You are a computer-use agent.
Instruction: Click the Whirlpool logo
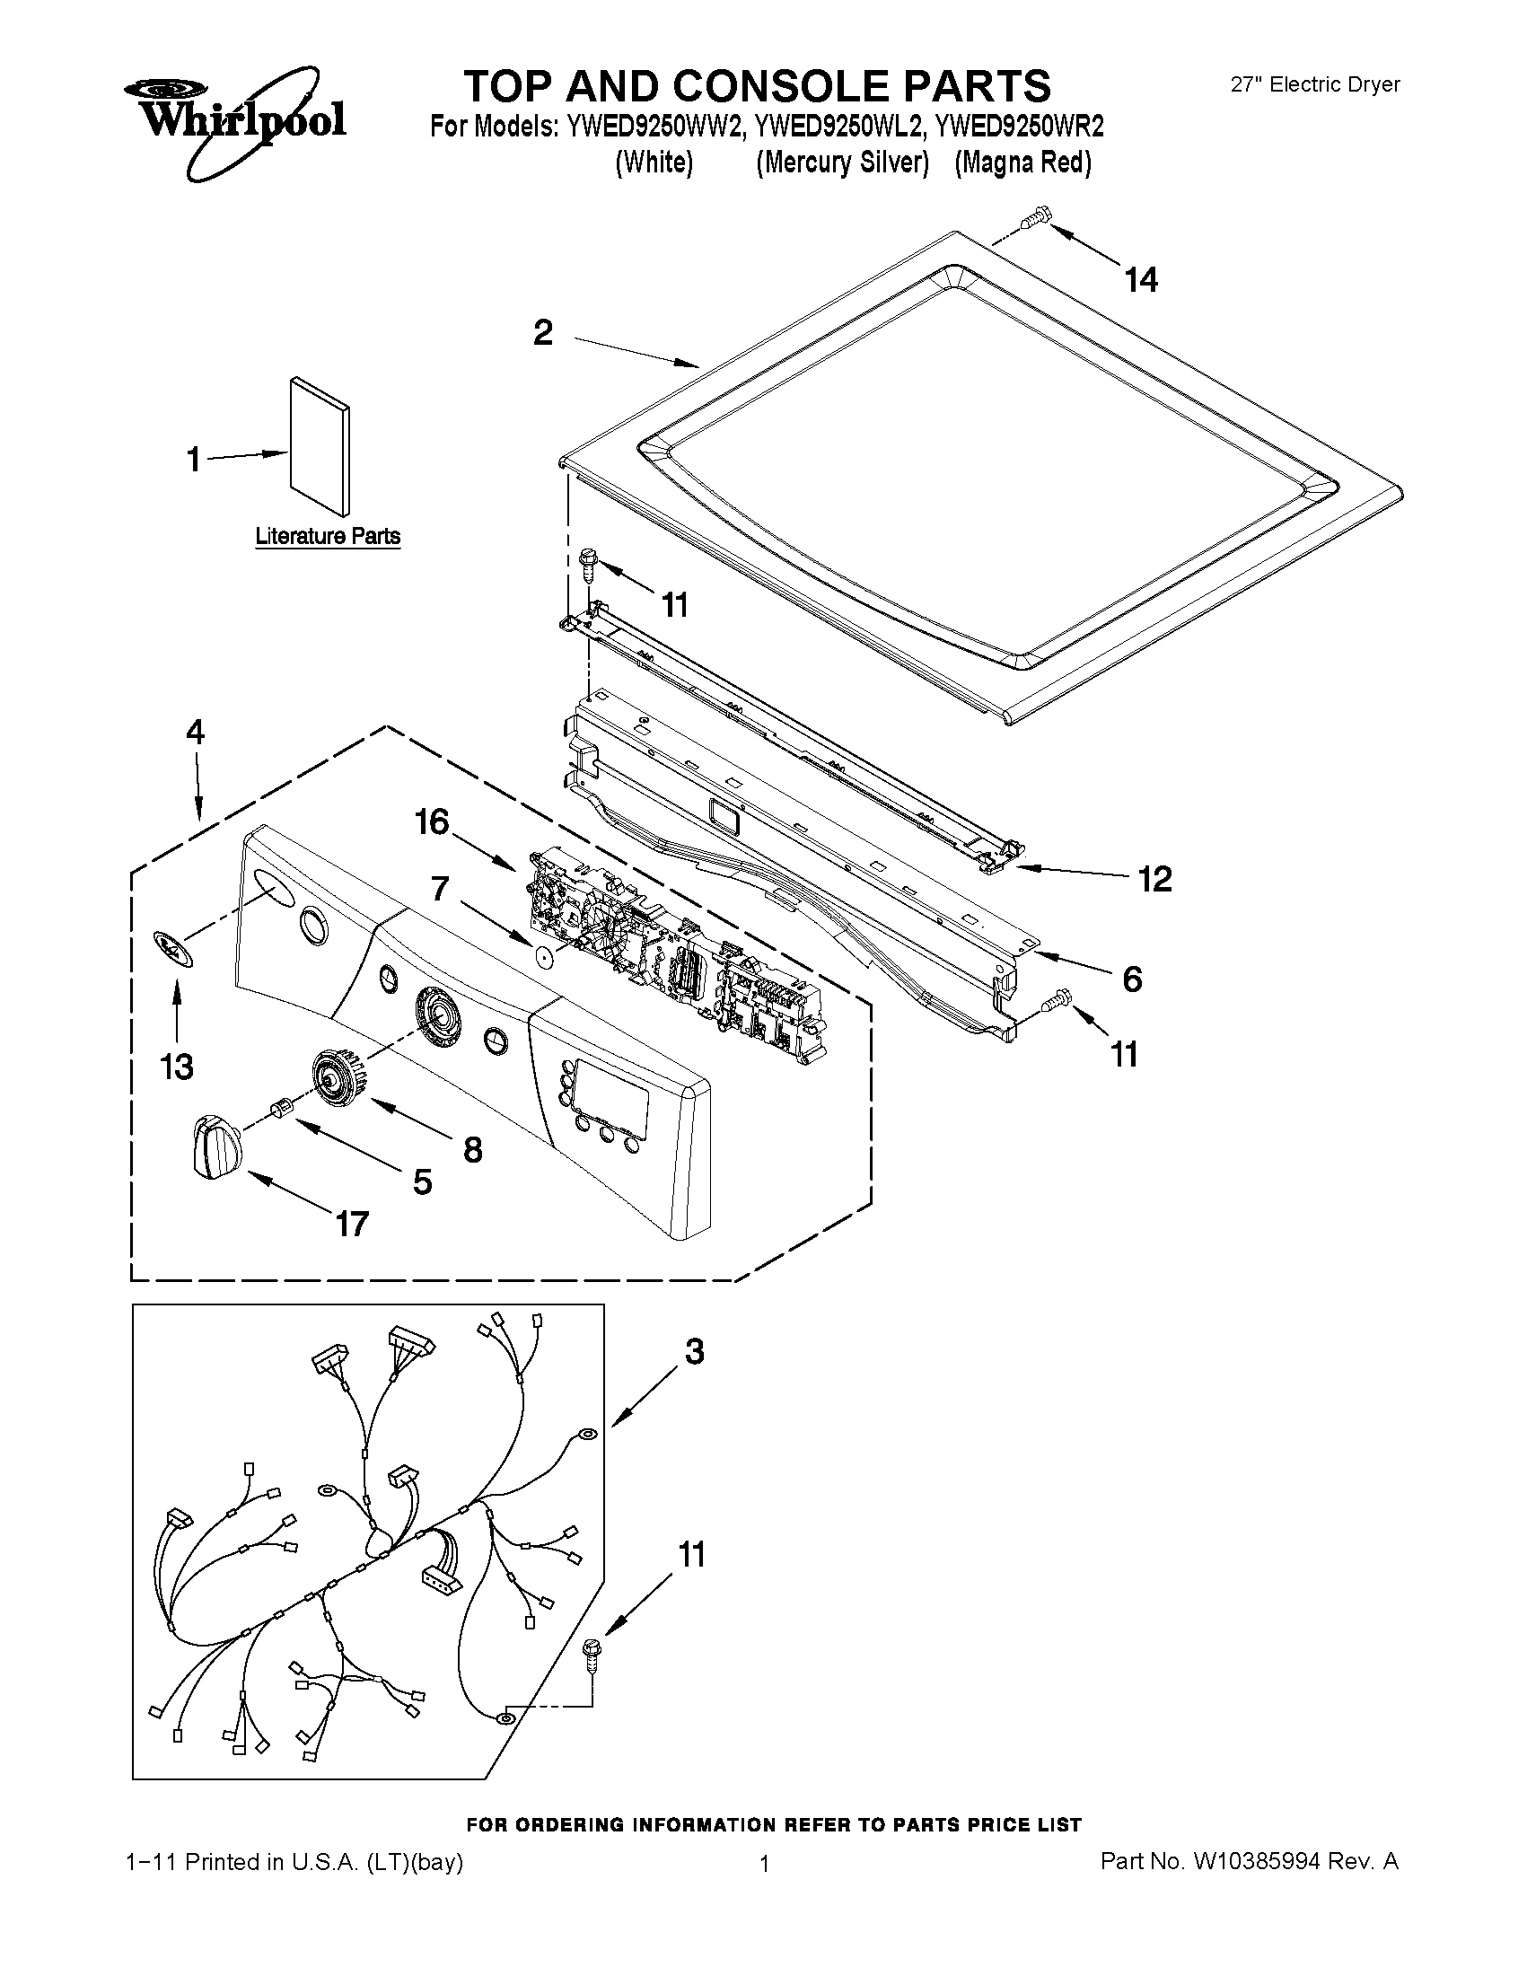coord(233,118)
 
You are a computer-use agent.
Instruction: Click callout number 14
coord(1141,280)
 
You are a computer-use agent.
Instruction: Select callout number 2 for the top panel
coord(543,334)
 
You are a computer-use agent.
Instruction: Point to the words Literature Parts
coord(328,537)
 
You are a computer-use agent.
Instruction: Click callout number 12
coord(1154,879)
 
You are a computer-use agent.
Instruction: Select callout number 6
coord(1132,979)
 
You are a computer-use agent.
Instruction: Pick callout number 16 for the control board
coord(432,822)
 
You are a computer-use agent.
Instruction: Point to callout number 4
coord(195,732)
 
